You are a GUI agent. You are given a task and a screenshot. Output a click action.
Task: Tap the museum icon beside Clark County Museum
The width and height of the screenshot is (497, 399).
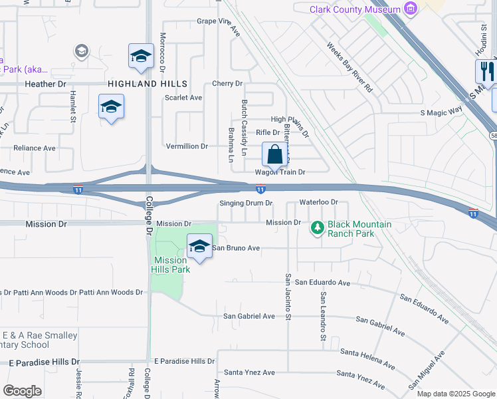click(411, 9)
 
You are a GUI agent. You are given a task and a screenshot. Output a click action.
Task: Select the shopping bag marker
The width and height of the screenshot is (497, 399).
click(274, 156)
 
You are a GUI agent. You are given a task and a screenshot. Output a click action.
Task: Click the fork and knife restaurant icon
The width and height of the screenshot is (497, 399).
click(485, 71)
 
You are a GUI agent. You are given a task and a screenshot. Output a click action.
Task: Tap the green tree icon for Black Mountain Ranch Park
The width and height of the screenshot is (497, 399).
click(318, 229)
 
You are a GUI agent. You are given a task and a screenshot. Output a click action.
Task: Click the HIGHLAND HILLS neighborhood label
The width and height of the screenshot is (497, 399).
click(148, 84)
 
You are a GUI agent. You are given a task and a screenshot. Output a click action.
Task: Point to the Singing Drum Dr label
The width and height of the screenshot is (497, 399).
click(246, 203)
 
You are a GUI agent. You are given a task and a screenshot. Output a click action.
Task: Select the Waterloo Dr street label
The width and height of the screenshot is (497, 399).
click(319, 201)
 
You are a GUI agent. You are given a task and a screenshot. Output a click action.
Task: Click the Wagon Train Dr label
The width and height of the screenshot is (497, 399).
click(280, 172)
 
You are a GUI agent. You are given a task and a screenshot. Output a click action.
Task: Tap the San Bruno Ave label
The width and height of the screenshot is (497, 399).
click(235, 248)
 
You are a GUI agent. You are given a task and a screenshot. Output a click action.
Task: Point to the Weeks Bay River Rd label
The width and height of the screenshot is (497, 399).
click(350, 67)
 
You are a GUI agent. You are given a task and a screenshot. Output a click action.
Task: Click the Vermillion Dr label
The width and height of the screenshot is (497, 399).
click(187, 146)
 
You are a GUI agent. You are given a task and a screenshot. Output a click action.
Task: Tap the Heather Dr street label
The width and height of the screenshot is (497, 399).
click(45, 84)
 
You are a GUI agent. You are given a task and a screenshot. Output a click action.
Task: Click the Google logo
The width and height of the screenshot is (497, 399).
click(22, 391)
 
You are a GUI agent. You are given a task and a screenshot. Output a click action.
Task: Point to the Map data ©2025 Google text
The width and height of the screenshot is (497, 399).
click(456, 394)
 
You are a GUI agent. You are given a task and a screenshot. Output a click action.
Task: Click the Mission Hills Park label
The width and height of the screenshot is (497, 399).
click(172, 265)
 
